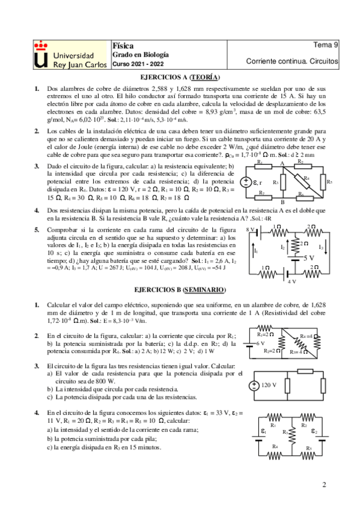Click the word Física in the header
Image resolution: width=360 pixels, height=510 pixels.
click(x=123, y=45)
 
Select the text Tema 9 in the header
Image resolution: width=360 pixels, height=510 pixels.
click(x=326, y=45)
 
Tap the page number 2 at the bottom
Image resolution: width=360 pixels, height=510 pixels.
click(x=324, y=484)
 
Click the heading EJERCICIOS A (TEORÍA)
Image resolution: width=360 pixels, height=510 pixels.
click(x=180, y=78)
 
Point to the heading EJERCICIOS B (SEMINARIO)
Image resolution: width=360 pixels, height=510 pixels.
click(x=180, y=289)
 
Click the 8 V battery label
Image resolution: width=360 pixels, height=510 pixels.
click(x=251, y=230)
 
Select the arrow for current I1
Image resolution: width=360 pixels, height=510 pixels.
click(x=257, y=250)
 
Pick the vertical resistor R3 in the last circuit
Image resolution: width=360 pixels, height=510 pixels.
click(x=293, y=434)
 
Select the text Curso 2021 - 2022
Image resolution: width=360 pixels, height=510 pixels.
click(x=137, y=63)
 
